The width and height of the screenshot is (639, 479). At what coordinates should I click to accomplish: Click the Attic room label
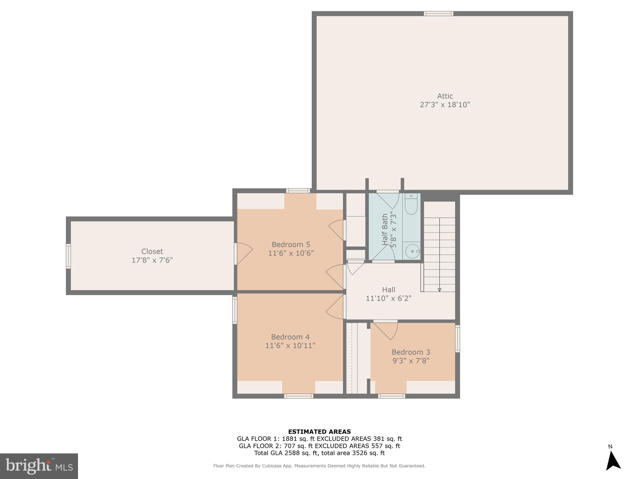click(445, 96)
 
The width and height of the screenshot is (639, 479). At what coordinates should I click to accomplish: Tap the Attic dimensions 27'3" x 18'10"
click(445, 105)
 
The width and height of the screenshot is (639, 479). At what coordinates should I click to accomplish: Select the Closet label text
click(152, 251)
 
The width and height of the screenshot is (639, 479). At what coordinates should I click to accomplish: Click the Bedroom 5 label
click(291, 244)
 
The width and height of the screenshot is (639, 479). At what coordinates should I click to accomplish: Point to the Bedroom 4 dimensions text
click(290, 346)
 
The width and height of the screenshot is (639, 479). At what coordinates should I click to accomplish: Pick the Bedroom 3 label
click(411, 352)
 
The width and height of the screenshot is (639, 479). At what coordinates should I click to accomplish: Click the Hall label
click(388, 290)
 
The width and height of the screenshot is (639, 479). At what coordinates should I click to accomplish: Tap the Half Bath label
click(385, 229)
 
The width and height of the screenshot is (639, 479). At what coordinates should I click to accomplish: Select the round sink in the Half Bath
click(412, 251)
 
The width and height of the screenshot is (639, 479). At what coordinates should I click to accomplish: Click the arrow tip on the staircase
click(439, 290)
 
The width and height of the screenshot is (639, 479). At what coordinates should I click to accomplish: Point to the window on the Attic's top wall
click(438, 13)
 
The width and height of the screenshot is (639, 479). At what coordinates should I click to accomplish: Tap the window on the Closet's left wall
click(68, 256)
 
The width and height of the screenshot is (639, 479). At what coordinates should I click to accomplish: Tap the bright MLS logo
click(39, 466)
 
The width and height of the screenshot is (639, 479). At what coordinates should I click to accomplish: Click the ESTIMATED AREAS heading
click(319, 432)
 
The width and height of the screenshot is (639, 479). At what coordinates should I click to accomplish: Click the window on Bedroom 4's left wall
click(235, 310)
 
